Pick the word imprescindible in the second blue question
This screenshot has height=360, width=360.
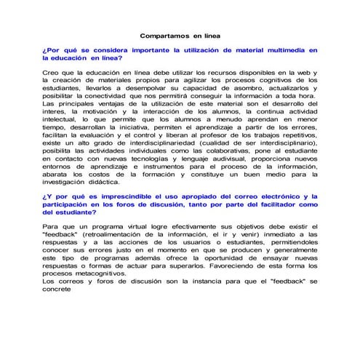(123, 196)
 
